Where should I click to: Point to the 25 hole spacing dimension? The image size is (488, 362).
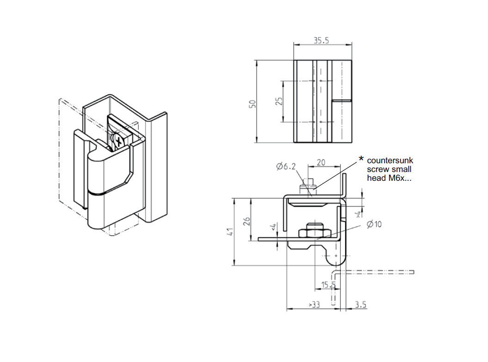pos(279,101)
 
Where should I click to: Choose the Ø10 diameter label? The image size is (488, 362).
pos(374,224)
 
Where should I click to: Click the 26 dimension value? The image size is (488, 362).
pos(246,221)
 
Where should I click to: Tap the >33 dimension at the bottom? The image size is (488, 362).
pos(314,305)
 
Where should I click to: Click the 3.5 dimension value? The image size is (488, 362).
pos(360,304)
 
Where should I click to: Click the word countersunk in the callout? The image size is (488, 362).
pos(390,161)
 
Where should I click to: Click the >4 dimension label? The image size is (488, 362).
pos(358,214)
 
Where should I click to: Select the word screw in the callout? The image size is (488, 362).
pos(376,170)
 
